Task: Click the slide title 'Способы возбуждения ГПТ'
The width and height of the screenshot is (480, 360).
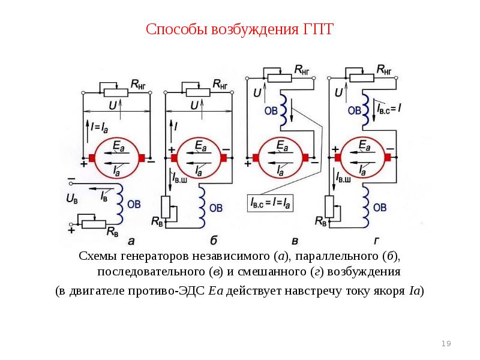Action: coord(239,29)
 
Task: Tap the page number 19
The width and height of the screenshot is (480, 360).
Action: coord(446,343)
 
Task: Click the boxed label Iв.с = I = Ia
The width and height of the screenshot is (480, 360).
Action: coord(271,204)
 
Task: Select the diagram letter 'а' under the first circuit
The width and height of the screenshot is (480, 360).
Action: coord(131,241)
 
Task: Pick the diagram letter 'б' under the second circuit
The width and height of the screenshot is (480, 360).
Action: coord(213,241)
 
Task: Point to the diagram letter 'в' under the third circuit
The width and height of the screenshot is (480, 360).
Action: coord(295,241)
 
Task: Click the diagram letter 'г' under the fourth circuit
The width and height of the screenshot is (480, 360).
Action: coord(376,241)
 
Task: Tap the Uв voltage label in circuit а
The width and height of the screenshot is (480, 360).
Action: coord(71,198)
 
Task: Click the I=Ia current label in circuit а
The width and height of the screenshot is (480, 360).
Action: coord(98,127)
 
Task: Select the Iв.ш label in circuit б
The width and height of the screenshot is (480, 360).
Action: coord(182,178)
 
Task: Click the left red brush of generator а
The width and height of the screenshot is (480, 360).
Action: coord(92,158)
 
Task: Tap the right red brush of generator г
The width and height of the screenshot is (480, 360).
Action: coord(389,158)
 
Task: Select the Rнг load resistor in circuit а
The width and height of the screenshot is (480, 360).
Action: coord(116,92)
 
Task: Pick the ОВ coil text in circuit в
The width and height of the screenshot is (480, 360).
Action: coord(271,110)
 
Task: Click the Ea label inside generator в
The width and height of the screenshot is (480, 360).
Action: coord(281,146)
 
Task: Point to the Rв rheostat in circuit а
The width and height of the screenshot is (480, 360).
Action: coord(94,224)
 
